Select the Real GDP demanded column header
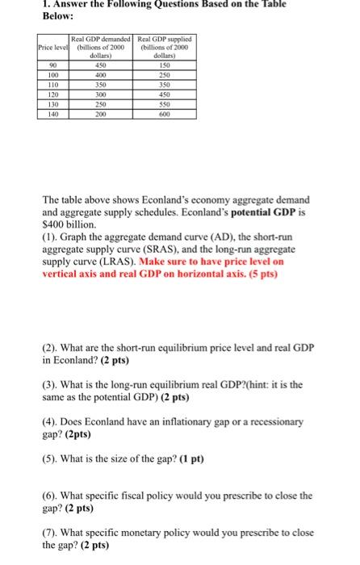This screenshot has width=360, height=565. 101,45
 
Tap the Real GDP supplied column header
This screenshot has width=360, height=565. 163,45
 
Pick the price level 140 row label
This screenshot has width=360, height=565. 52,115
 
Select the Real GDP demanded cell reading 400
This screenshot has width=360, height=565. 101,75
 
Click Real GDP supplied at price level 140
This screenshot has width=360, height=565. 163,115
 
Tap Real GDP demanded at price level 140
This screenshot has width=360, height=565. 101,115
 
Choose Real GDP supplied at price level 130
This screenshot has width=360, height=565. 163,105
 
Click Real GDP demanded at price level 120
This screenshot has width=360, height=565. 101,95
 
